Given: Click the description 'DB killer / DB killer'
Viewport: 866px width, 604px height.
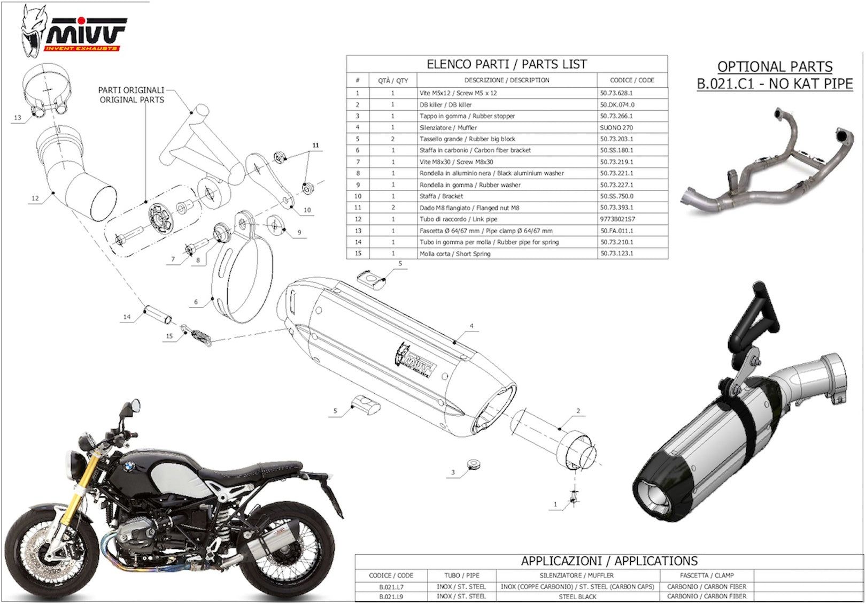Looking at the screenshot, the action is [445, 105].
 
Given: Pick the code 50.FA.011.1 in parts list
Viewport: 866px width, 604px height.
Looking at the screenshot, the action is [617, 231].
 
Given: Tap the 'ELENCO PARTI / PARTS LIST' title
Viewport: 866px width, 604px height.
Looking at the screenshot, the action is [506, 64].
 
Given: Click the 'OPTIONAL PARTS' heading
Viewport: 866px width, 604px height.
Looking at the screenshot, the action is [775, 66].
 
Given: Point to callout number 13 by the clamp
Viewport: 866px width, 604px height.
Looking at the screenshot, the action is [18, 118].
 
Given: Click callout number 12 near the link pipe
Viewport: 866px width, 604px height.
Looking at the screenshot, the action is [35, 198].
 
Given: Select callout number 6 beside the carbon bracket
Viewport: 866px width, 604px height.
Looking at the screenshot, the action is [196, 302].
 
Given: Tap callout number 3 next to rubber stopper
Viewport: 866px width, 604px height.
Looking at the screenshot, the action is [453, 472].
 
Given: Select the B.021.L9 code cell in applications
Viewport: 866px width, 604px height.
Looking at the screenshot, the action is [391, 597].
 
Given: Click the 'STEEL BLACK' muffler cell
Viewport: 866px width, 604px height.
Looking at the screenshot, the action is [577, 597].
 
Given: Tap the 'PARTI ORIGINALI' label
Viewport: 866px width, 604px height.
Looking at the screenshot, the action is [131, 90].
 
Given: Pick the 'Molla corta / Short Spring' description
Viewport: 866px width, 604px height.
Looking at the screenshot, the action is [455, 254].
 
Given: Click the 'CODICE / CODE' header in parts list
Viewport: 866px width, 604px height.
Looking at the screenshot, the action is [632, 80].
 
